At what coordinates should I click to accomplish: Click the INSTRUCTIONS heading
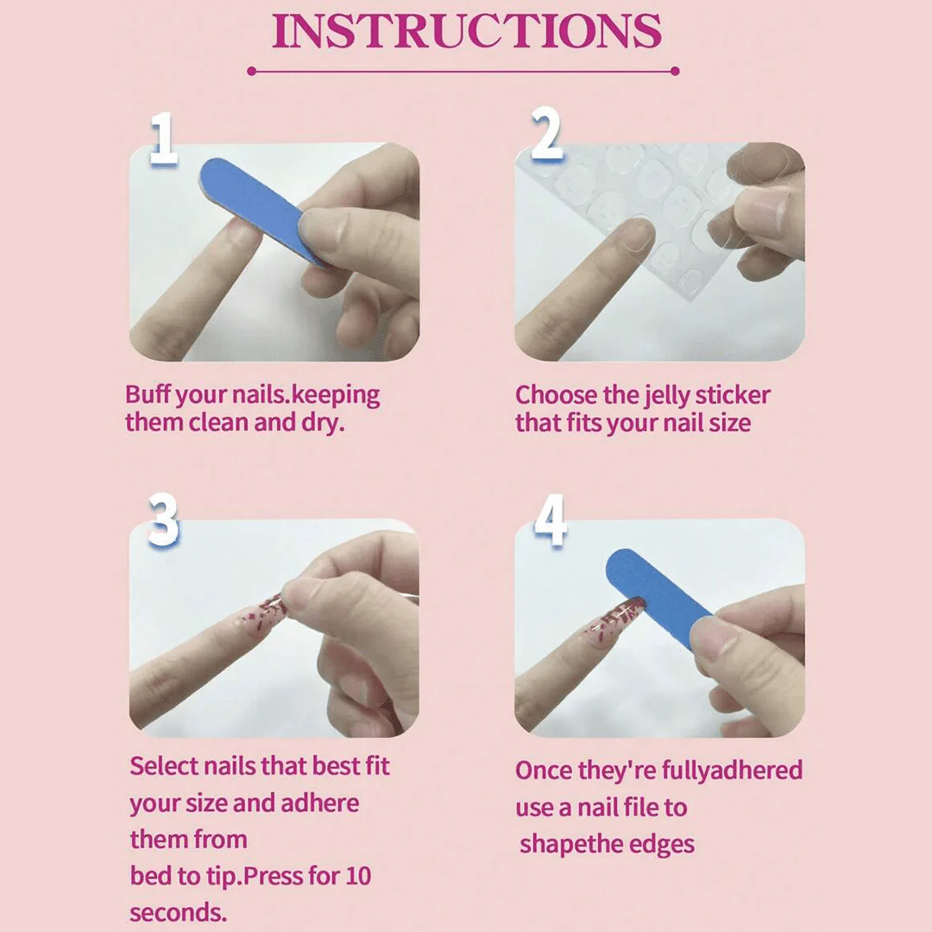[x=467, y=31]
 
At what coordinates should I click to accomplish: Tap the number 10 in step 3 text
[x=357, y=876]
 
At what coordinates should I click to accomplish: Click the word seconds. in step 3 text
[x=179, y=912]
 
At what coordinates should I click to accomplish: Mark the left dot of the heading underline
[x=251, y=72]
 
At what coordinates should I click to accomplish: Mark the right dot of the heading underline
[x=675, y=72]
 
